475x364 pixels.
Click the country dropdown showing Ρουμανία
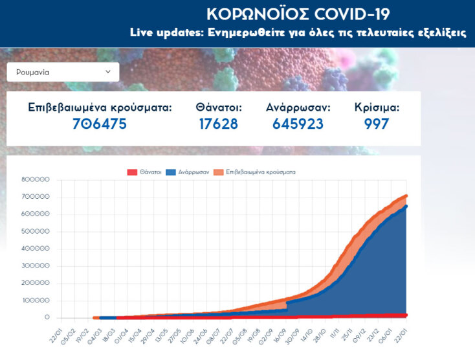tap(63, 73)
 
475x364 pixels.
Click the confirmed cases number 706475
tap(100, 124)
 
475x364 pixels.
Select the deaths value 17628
tap(219, 124)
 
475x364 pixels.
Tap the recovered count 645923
tap(298, 124)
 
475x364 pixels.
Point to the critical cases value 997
tap(377, 124)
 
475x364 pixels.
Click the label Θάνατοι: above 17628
tap(219, 108)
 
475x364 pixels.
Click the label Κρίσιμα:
tap(377, 108)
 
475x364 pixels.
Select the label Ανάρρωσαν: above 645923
tap(298, 108)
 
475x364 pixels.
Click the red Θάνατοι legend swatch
tap(132, 172)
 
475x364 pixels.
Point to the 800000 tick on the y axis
tap(36, 179)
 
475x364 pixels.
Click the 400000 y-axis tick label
tap(36, 249)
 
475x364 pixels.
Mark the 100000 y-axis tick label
tap(36, 301)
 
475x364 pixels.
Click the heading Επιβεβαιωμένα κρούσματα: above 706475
tap(100, 108)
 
